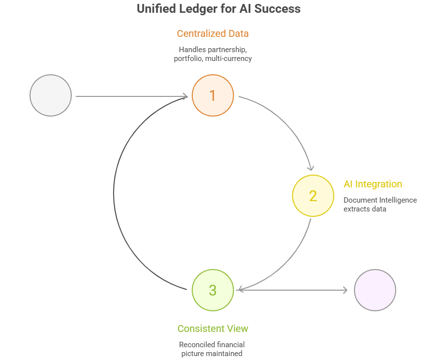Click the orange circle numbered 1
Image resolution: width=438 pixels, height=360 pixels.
(x=212, y=95)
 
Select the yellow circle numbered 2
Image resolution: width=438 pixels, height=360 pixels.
(x=313, y=196)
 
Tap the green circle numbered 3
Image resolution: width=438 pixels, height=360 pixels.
(x=212, y=290)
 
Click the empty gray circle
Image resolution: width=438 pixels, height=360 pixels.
(x=51, y=95)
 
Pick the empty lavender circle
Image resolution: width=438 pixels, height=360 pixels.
(x=375, y=290)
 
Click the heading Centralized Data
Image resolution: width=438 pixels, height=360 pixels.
(x=212, y=34)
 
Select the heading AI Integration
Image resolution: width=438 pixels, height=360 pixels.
(x=373, y=184)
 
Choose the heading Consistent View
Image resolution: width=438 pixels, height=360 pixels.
(x=212, y=329)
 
